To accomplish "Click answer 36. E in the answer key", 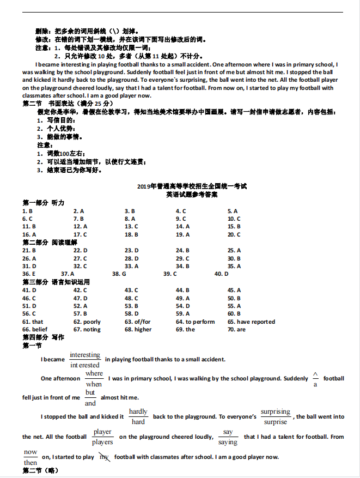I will (x=28, y=274).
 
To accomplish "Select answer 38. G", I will (x=119, y=274).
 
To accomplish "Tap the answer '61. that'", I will (x=33, y=322).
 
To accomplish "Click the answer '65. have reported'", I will (x=251, y=322).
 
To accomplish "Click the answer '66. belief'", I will (x=35, y=329).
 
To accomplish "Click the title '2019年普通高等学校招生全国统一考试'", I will (x=192, y=186).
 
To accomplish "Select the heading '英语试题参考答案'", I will (x=192, y=194).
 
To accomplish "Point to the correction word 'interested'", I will (x=85, y=365).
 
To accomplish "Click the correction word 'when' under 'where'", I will (x=94, y=384).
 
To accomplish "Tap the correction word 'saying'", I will (x=228, y=442).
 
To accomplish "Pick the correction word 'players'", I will (x=102, y=442).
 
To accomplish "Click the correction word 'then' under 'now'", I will (x=30, y=462).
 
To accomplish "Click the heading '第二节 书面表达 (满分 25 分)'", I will (x=68, y=104).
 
